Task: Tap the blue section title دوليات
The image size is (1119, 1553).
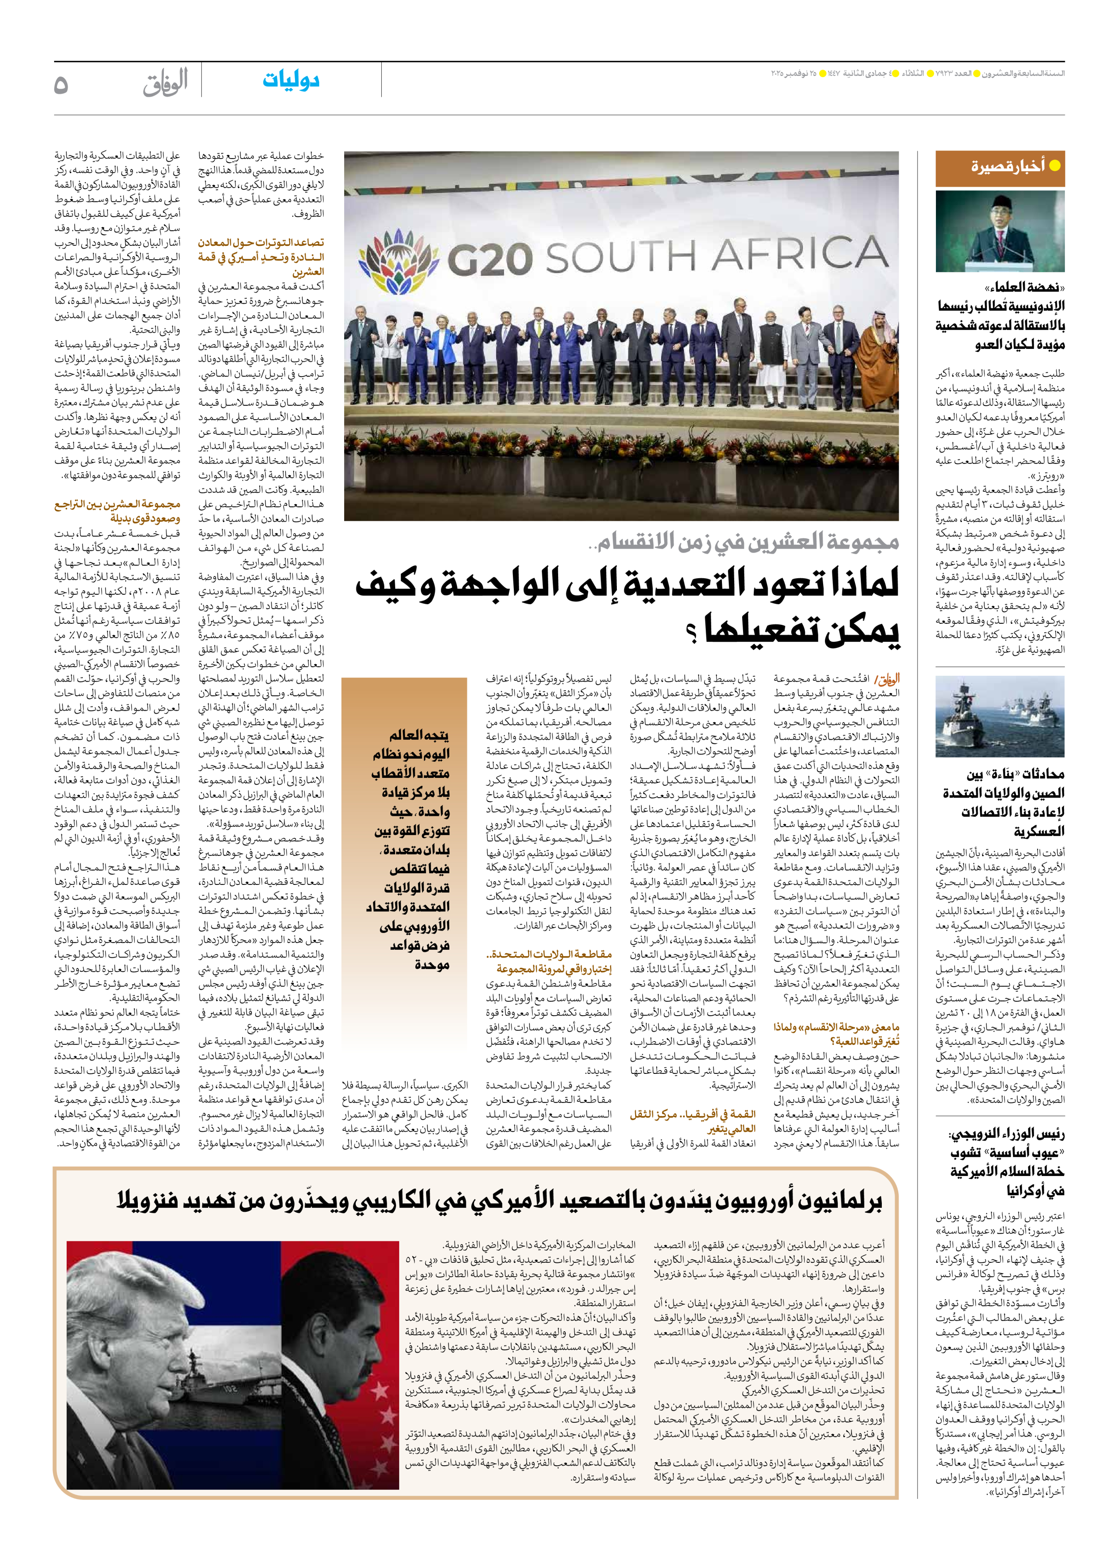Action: tap(291, 81)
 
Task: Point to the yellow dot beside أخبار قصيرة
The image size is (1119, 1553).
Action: tap(1055, 165)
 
